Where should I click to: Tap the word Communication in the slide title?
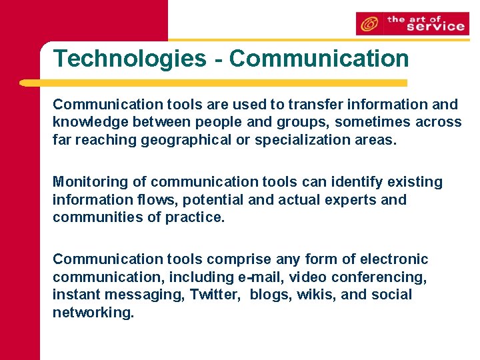pyautogui.click(x=319, y=59)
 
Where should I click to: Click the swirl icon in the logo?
pyautogui.click(x=368, y=25)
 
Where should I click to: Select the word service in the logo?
pyautogui.click(x=435, y=27)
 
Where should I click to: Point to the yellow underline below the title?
pyautogui.click(x=213, y=83)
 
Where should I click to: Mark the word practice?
pyautogui.click(x=196, y=217)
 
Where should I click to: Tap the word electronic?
pyautogui.click(x=393, y=259)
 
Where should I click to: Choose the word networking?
pyautogui.click(x=93, y=312)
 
